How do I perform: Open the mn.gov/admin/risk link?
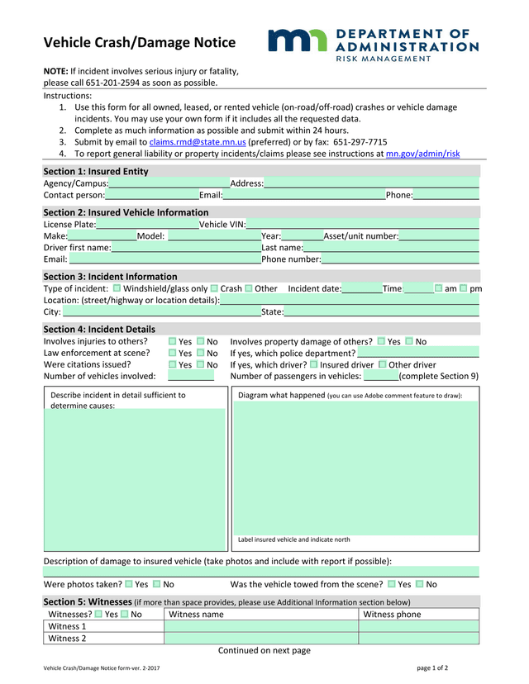click(422, 154)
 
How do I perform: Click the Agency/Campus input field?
click(169, 183)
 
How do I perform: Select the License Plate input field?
click(147, 225)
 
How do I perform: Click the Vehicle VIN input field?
click(362, 225)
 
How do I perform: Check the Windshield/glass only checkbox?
click(117, 288)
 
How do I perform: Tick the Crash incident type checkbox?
click(214, 288)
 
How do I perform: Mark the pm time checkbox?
click(463, 288)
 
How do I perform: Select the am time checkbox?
click(438, 288)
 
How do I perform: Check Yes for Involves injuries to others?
click(173, 341)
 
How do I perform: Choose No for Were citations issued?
click(201, 364)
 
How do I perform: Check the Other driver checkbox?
click(382, 364)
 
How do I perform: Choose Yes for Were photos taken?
click(129, 584)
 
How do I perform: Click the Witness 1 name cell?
click(260, 626)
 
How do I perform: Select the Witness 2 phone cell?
click(418, 639)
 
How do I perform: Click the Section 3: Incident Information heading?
click(110, 277)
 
